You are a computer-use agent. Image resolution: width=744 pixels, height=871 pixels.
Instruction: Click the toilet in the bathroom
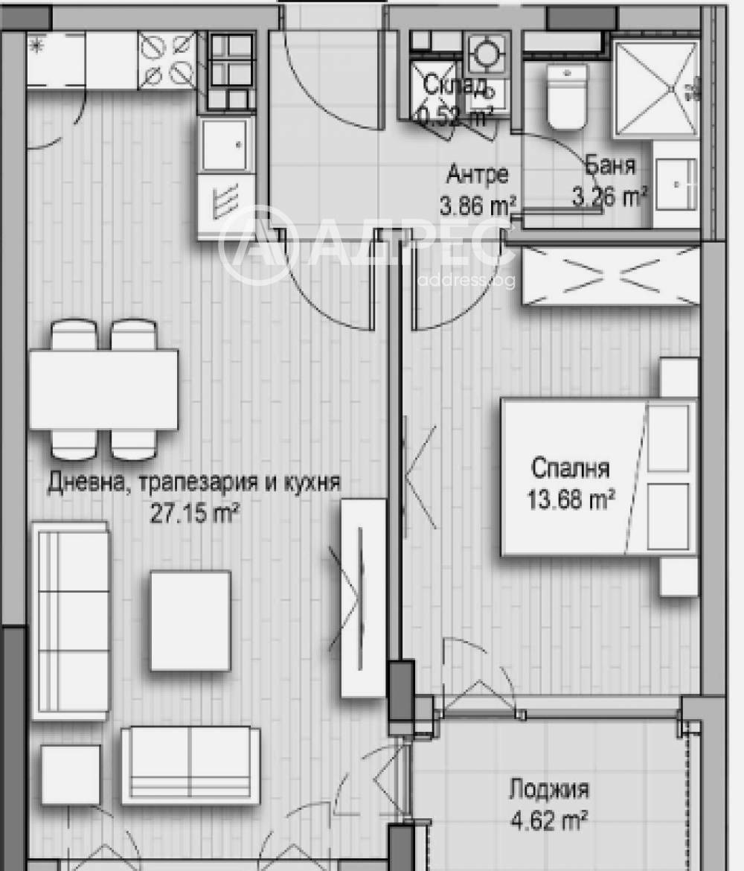(x=567, y=97)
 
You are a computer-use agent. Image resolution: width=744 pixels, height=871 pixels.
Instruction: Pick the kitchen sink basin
(x=225, y=145)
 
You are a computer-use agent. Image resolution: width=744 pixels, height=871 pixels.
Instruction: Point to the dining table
(x=103, y=389)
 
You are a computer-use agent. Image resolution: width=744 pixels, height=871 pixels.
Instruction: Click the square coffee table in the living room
(x=190, y=620)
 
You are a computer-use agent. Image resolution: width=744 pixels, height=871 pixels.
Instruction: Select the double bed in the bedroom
(x=599, y=476)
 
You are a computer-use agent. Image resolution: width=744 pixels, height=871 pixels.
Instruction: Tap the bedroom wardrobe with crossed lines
(x=610, y=275)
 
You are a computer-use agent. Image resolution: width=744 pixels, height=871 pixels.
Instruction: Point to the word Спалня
(x=571, y=469)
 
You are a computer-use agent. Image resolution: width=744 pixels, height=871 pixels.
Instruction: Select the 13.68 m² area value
(x=571, y=498)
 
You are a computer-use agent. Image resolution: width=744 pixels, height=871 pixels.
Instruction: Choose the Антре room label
(x=478, y=174)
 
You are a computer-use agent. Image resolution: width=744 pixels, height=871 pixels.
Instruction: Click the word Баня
(x=610, y=165)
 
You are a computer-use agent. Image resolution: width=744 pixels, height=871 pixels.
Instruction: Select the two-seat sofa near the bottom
(x=190, y=765)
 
